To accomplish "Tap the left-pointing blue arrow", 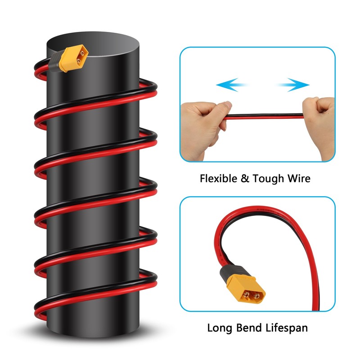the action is coord(232,84).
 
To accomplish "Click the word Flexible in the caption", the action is coord(218,178).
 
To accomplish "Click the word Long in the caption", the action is coord(220,328).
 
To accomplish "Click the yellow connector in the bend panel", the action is coord(245,290).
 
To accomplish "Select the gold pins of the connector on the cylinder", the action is coord(81,57).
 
